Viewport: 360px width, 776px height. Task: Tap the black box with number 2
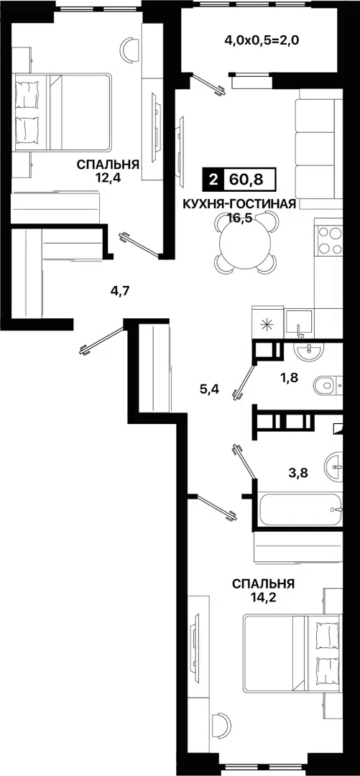[213, 179]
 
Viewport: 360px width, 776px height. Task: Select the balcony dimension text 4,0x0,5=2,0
[261, 40]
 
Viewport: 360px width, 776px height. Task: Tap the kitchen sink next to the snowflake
[300, 322]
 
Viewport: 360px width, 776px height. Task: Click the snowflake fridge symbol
[267, 323]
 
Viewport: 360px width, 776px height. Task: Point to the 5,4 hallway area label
[210, 389]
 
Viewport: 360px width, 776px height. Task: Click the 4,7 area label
[120, 290]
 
